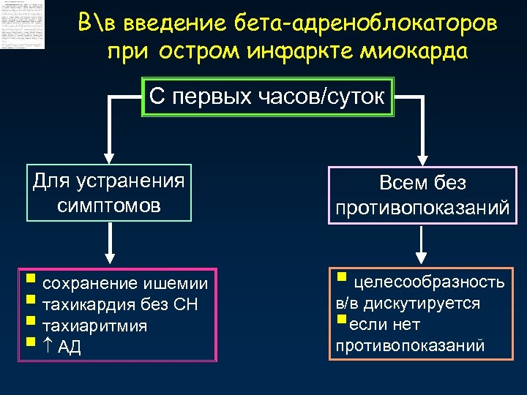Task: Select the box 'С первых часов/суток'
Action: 268,97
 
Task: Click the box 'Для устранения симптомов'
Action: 109,192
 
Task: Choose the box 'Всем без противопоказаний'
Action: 422,195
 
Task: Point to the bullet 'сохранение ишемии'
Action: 124,283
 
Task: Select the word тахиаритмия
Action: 95,326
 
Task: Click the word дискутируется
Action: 436,303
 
